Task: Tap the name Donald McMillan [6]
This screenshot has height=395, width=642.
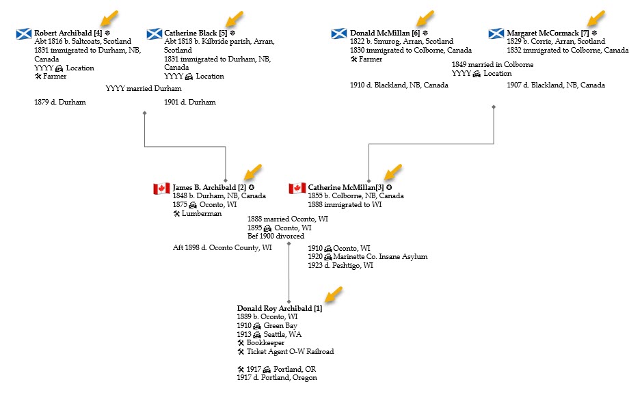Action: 384,33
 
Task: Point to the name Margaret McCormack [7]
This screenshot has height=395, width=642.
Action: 547,33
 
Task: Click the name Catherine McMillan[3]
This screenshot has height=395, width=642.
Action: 345,187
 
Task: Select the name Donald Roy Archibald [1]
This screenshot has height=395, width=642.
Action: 279,308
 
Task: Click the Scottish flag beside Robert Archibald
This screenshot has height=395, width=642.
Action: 24,33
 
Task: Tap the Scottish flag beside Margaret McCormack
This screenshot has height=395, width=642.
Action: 497,33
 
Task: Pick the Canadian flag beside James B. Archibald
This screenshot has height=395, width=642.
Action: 161,188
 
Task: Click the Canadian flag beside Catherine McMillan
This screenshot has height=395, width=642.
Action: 297,188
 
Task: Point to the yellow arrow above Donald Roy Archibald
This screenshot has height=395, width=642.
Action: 333,295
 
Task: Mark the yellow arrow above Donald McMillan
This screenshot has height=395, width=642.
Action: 425,17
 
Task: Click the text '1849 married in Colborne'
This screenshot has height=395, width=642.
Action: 492,65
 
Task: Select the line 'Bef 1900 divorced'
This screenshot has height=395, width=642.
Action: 276,236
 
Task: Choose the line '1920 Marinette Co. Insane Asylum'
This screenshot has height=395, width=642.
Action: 367,257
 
